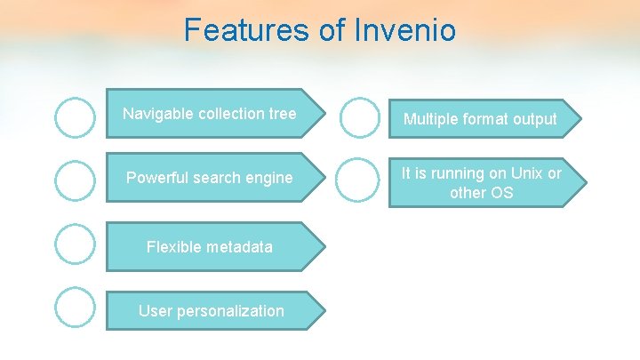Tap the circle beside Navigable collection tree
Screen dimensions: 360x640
coord(75,117)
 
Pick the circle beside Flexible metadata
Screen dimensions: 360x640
coord(75,244)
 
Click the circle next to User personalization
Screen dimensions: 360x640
coord(75,307)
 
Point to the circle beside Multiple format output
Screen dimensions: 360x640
coord(360,117)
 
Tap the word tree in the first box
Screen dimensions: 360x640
coord(282,114)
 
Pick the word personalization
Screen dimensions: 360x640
coord(229,311)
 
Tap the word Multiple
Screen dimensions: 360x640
coord(432,119)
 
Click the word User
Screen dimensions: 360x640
coord(155,311)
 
